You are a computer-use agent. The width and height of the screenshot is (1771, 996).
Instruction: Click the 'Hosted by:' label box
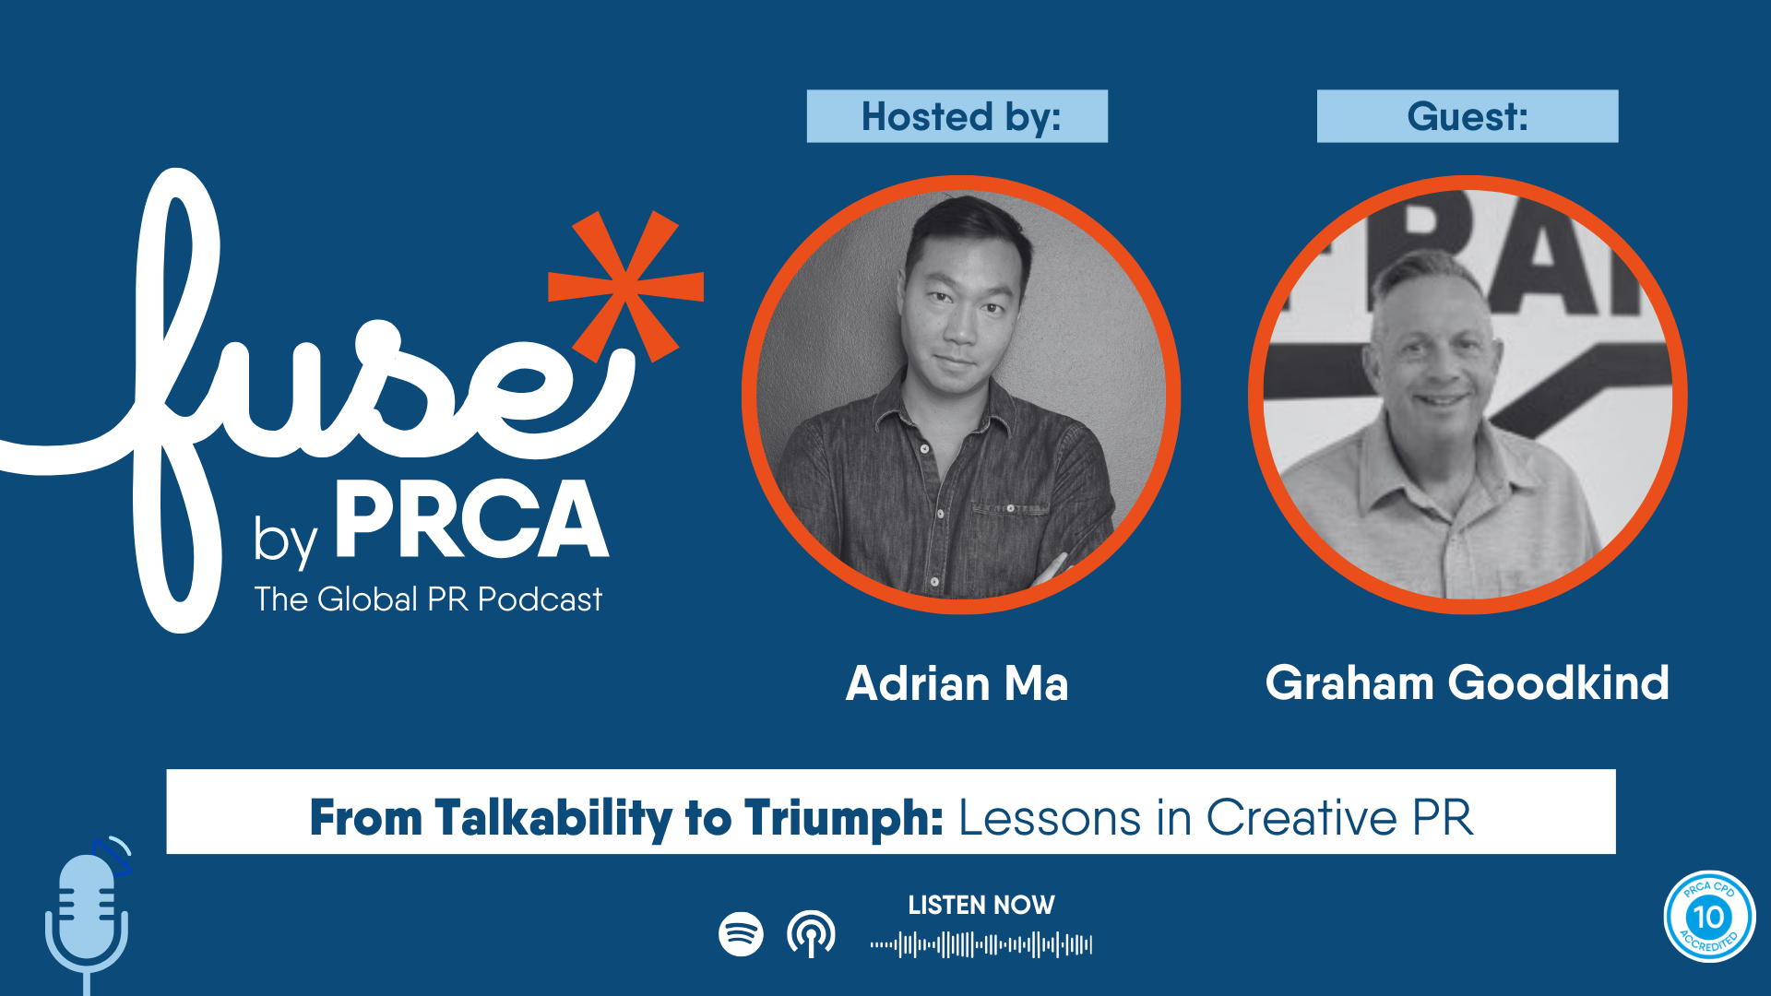tap(957, 116)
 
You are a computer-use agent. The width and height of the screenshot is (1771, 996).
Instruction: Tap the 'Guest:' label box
tap(1467, 116)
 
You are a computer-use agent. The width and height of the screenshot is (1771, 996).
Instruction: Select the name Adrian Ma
tap(957, 683)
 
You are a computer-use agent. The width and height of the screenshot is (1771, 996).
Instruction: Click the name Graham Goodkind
tap(1467, 683)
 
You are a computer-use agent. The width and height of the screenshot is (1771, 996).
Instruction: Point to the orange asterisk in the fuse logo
tap(626, 286)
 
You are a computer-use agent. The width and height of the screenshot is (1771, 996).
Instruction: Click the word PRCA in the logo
tap(471, 520)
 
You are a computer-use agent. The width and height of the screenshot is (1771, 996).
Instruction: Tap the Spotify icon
tap(741, 934)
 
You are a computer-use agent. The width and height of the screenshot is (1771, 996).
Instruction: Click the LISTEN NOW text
tap(981, 906)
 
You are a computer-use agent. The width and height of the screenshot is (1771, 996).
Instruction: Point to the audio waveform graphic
tap(981, 944)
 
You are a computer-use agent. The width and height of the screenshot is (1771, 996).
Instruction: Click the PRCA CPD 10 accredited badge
tap(1709, 917)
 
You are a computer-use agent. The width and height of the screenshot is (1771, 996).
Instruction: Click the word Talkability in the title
tap(553, 818)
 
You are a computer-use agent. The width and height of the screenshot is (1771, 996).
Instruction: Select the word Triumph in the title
tap(844, 818)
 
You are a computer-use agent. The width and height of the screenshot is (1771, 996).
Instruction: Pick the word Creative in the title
tap(1302, 818)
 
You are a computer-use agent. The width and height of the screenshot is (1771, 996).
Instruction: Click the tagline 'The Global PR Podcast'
tap(428, 599)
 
